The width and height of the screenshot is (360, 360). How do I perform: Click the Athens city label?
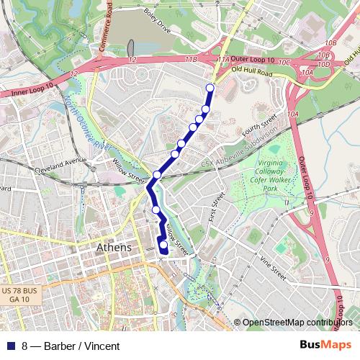point(114,248)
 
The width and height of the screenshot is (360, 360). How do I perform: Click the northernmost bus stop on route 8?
point(210,88)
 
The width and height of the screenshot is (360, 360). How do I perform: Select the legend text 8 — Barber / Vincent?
point(71,346)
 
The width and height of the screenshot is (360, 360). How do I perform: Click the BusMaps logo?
point(325,346)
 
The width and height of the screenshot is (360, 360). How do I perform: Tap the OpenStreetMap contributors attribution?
point(299,323)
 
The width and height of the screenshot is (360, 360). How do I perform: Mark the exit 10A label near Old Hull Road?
point(307,72)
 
